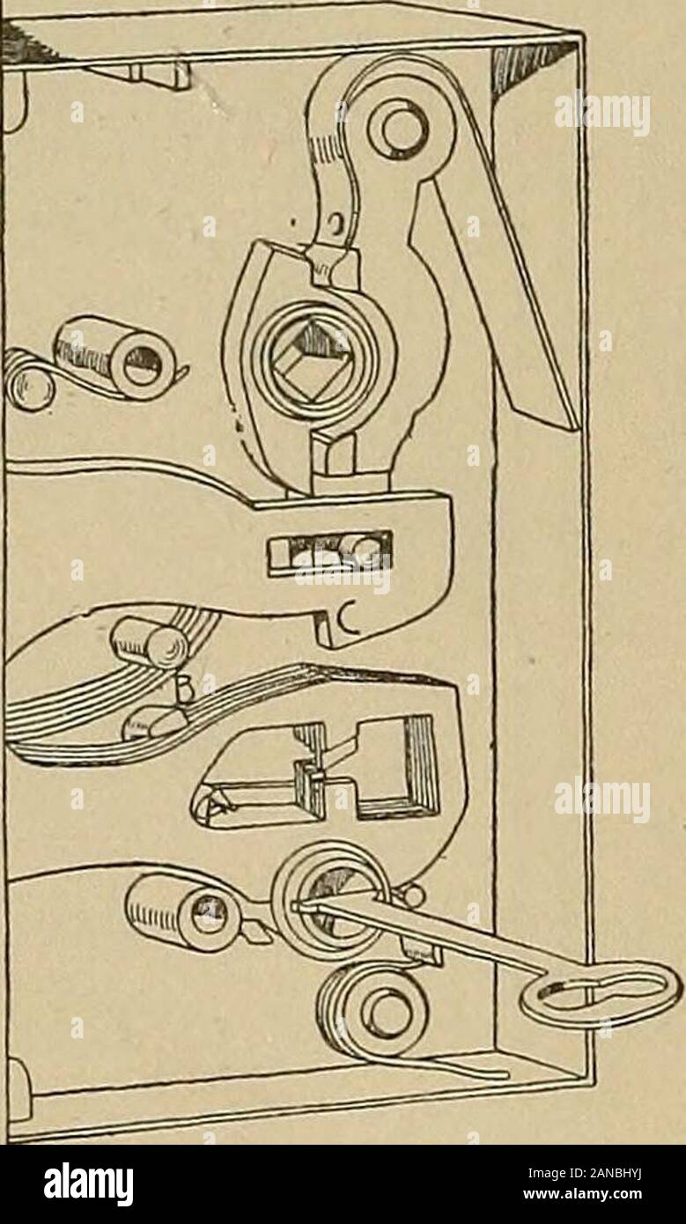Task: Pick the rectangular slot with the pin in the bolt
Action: [328, 551]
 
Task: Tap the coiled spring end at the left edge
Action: [27, 380]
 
